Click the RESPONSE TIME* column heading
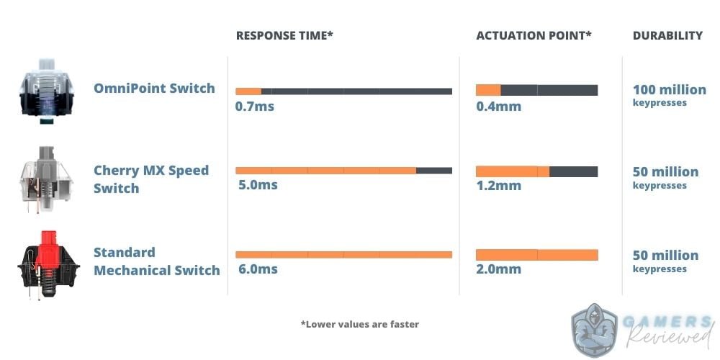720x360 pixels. click(284, 36)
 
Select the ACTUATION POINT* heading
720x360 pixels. click(534, 36)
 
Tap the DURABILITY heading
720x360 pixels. click(667, 36)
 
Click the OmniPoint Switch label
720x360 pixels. click(154, 88)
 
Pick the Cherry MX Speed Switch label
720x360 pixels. click(151, 179)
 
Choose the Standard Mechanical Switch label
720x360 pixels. click(156, 261)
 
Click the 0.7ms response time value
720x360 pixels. click(254, 107)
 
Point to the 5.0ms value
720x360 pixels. click(258, 185)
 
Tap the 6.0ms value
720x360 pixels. click(258, 269)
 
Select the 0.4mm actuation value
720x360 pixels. click(499, 107)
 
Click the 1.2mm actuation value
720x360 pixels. click(499, 186)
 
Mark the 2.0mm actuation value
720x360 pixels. click(499, 269)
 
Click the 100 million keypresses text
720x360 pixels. click(670, 94)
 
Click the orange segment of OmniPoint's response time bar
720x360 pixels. click(248, 91)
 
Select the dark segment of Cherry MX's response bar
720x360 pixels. click(434, 171)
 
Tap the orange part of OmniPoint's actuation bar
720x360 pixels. click(488, 90)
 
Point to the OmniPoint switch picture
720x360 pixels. click(46, 90)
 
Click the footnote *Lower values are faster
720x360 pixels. click(359, 324)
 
